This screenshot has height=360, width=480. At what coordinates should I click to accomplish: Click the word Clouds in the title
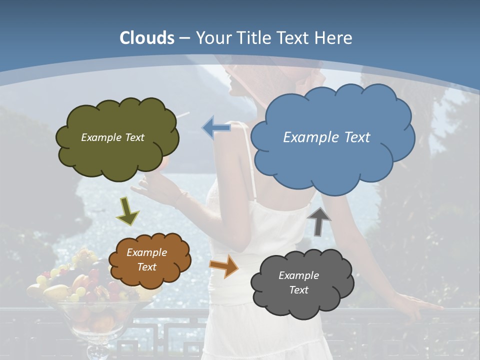coord(147,37)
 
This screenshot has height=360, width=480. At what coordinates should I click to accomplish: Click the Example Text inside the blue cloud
coord(326,137)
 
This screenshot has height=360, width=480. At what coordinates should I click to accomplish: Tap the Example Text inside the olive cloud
coord(112,137)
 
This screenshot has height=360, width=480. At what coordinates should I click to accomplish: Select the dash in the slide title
coord(185,38)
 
